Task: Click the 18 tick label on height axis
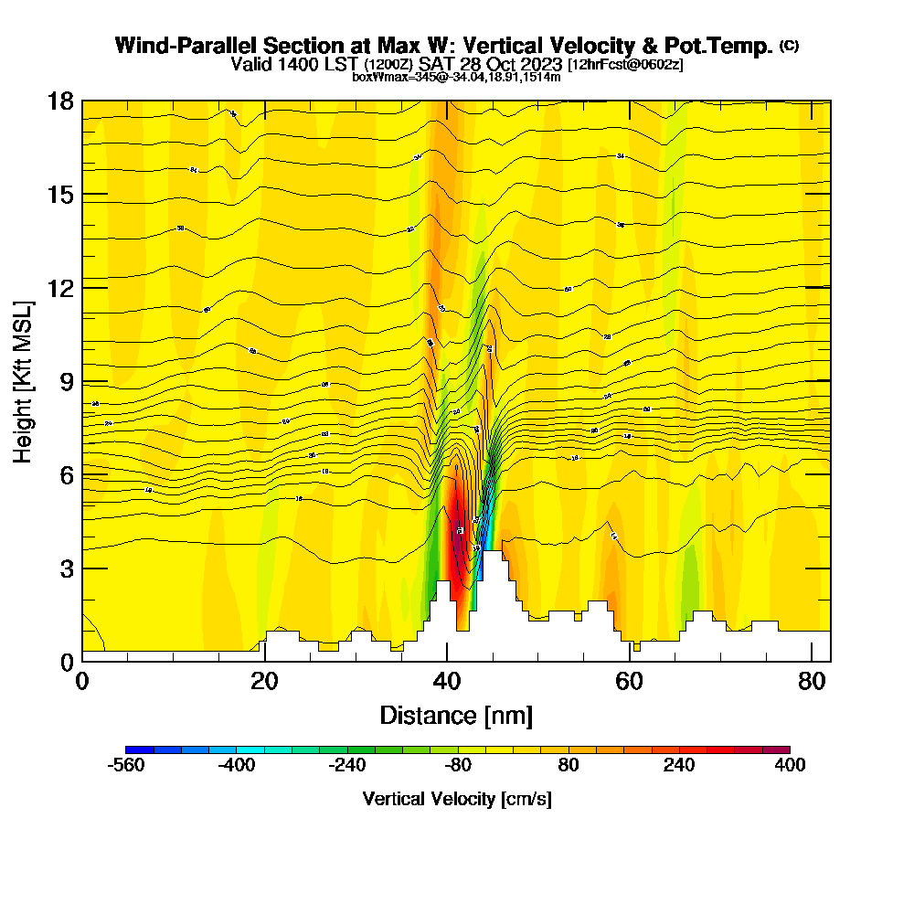pyautogui.click(x=60, y=101)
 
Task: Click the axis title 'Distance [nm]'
pyautogui.click(x=456, y=715)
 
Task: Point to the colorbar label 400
pyautogui.click(x=789, y=766)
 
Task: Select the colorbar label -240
pyautogui.click(x=346, y=766)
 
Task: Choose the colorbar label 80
pyautogui.click(x=568, y=766)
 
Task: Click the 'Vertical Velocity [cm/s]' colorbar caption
pyautogui.click(x=457, y=799)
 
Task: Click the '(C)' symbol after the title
pyautogui.click(x=789, y=45)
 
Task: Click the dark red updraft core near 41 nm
pyautogui.click(x=457, y=539)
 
